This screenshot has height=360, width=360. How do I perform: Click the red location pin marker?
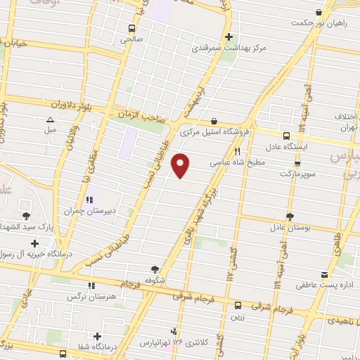pos(181,165)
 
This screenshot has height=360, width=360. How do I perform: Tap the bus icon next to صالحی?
pos(131,29)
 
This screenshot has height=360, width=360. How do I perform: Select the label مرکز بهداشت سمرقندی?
pos(226,49)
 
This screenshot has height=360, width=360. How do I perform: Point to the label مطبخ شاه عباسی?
pos(238,161)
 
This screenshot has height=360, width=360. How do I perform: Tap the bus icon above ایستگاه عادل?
pos(286,136)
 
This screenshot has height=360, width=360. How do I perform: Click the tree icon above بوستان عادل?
pos(290,217)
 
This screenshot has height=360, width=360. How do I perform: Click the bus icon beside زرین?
pos(238,305)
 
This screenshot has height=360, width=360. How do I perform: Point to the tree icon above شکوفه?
pos(155,268)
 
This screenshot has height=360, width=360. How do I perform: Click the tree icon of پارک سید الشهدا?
pos(26,216)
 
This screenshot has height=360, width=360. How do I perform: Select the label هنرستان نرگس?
pos(90,297)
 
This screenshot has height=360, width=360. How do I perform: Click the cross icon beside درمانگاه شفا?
pos(98,335)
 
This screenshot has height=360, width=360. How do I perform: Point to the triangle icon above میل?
pos(50,120)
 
